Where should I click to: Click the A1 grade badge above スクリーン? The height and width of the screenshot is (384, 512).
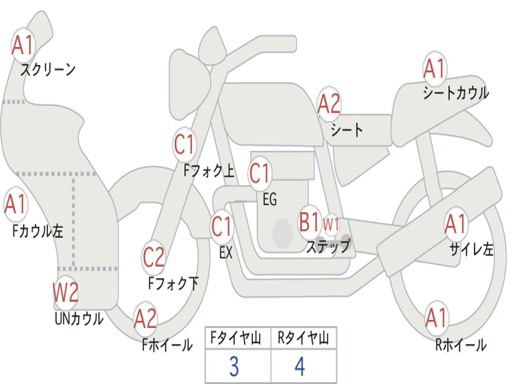click(x=23, y=45)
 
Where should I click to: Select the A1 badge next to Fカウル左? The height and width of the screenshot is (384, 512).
click(x=15, y=204)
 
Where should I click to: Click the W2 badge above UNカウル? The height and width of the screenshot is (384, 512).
click(x=66, y=292)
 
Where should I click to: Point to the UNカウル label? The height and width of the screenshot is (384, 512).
click(x=79, y=318)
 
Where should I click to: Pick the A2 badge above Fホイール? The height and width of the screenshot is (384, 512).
click(x=145, y=319)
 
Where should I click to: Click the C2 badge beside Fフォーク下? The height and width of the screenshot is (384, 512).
click(x=153, y=257)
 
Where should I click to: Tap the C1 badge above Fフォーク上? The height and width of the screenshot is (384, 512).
click(x=184, y=145)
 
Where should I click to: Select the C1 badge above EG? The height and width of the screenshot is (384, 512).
click(x=260, y=173)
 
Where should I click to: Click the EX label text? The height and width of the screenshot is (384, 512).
click(x=226, y=253)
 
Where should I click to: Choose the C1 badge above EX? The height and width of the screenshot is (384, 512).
click(x=222, y=227)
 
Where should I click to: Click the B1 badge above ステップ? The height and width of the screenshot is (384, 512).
click(x=309, y=222)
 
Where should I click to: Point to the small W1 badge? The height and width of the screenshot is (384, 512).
click(x=331, y=224)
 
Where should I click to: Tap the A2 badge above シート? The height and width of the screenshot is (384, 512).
click(x=329, y=104)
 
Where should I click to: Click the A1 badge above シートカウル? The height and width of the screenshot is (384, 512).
click(x=434, y=68)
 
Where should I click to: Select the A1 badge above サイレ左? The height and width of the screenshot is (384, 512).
click(x=455, y=224)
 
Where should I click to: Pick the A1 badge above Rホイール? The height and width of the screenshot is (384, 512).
click(x=436, y=317)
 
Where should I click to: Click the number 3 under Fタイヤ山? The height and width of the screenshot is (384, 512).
click(x=233, y=367)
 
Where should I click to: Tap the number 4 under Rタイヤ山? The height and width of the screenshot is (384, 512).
click(x=299, y=367)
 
